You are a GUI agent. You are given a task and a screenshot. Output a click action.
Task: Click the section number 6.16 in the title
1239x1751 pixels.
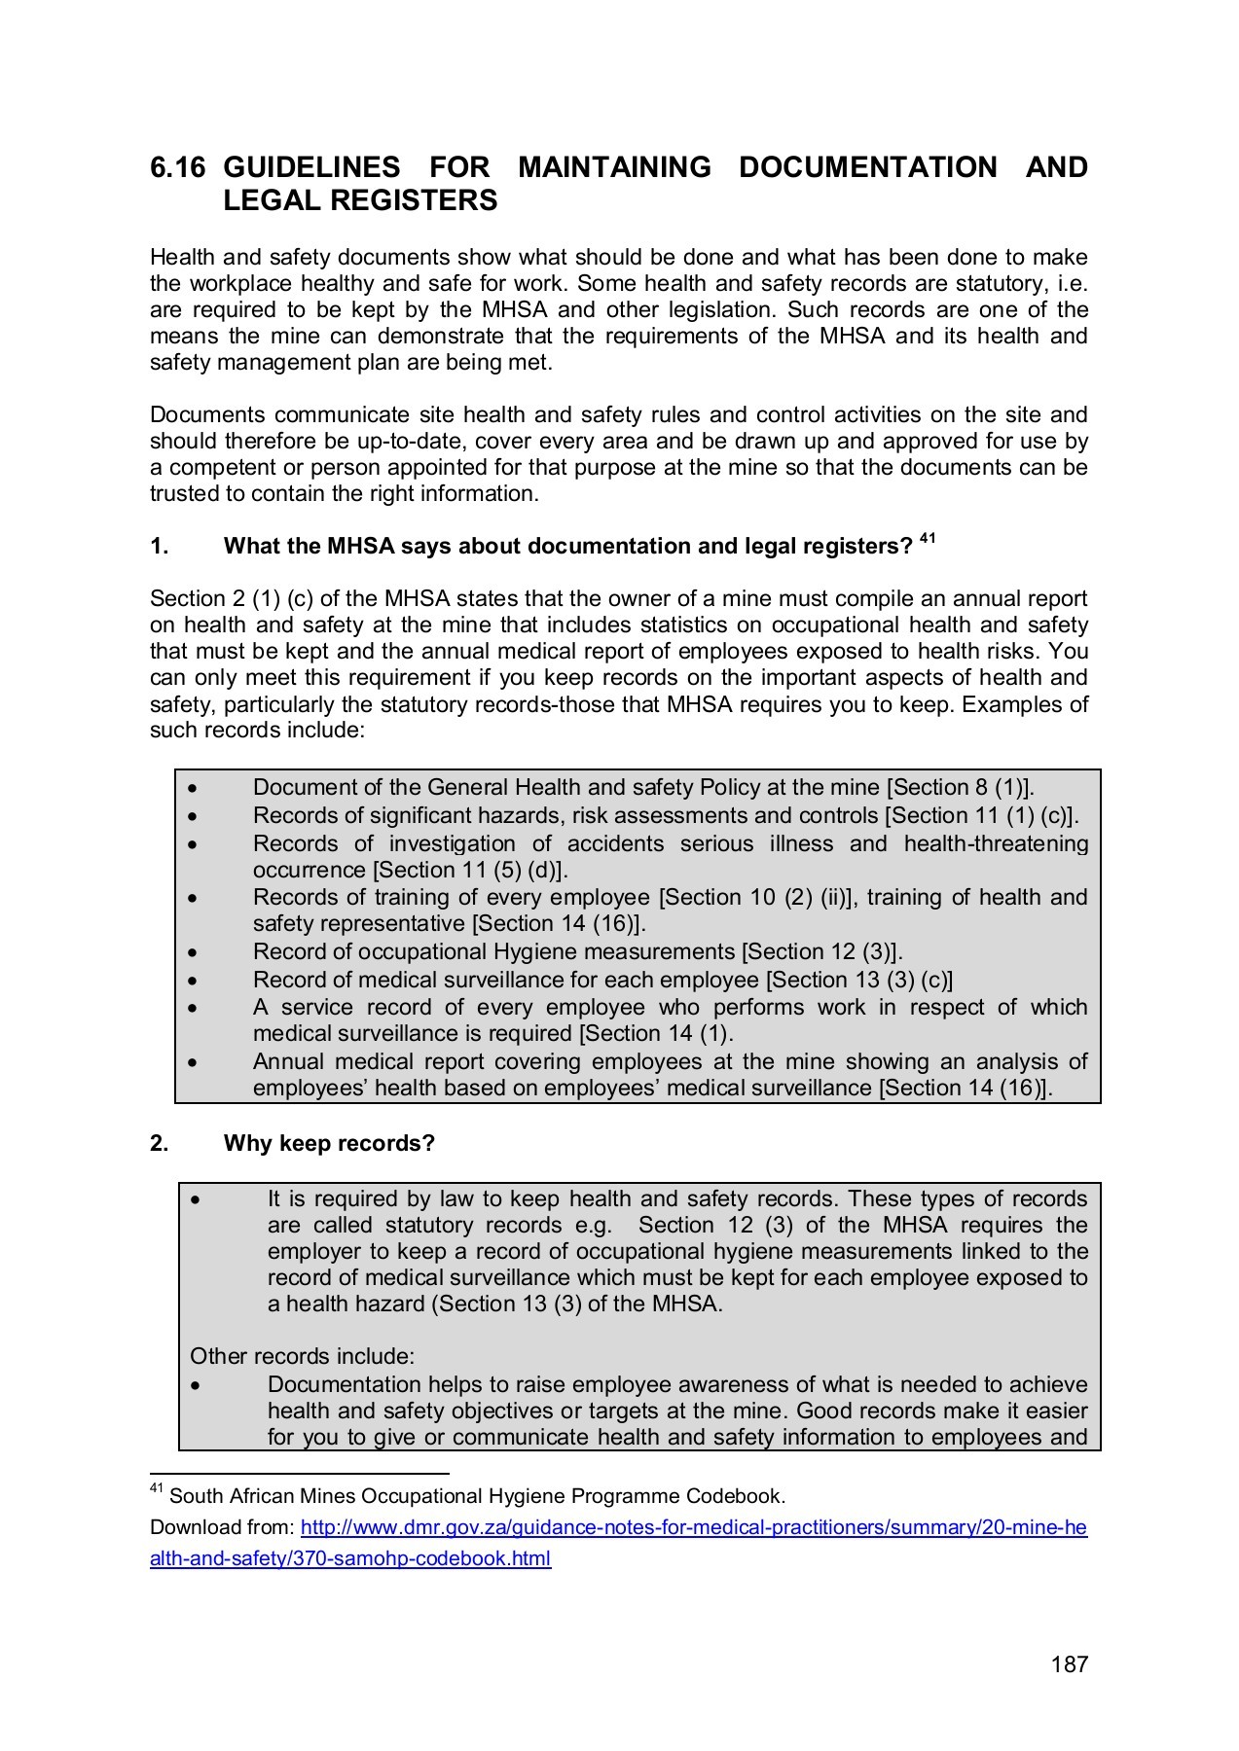point(177,167)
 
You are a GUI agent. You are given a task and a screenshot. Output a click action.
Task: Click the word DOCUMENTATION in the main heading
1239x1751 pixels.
point(867,167)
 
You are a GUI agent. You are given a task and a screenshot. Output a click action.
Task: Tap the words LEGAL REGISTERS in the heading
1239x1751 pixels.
point(360,200)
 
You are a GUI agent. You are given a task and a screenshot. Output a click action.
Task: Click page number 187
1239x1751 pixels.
point(1069,1664)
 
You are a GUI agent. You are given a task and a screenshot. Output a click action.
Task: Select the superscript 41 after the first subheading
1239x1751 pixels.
point(928,538)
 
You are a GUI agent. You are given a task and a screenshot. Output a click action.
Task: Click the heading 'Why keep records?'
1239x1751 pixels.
point(329,1143)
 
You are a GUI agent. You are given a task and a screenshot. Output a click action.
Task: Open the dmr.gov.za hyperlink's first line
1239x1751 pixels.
point(693,1527)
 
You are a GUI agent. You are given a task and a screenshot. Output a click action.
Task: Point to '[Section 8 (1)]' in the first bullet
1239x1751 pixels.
point(962,787)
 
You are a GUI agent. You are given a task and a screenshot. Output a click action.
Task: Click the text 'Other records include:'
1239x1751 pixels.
point(302,1356)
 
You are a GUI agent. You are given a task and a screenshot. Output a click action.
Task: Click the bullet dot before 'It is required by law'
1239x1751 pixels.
point(196,1199)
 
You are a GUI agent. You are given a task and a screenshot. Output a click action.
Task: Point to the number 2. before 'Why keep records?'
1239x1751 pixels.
point(160,1143)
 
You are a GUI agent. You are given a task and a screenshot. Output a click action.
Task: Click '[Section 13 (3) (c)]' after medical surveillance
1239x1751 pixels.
point(858,980)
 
